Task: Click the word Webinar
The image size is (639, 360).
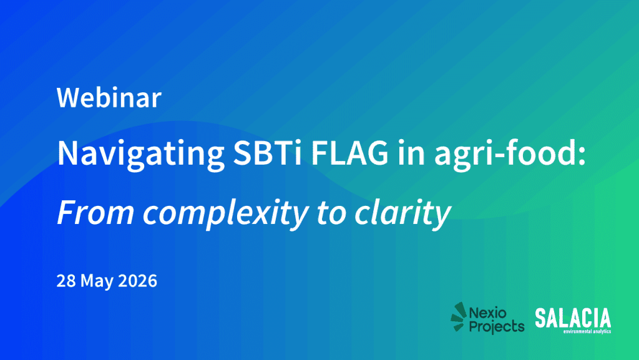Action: pos(109,98)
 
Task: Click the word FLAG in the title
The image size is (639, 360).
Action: pos(350,153)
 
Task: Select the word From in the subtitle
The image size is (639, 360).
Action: pos(95,212)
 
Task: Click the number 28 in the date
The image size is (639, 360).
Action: pos(66,281)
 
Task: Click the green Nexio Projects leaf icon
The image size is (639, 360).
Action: pos(459,316)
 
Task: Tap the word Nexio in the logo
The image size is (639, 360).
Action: pos(487,313)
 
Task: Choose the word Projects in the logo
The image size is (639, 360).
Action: pos(496,326)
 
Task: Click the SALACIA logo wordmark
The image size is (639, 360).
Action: pos(573,318)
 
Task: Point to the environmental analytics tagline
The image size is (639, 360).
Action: pos(587,331)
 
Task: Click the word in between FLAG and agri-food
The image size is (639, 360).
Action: pos(411,153)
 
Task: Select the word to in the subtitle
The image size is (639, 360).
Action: pos(331,213)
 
